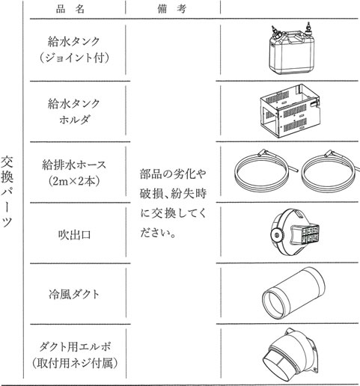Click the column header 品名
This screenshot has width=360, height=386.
pyautogui.click(x=70, y=9)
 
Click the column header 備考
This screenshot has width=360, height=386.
pyautogui.click(x=172, y=9)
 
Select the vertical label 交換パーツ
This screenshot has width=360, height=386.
pyautogui.click(x=7, y=192)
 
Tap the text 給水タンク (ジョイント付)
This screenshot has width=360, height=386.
pyautogui.click(x=74, y=50)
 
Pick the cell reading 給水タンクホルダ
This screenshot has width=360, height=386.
pyautogui.click(x=74, y=111)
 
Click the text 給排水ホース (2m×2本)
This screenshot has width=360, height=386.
pyautogui.click(x=74, y=173)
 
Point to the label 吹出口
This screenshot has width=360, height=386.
pyautogui.click(x=74, y=235)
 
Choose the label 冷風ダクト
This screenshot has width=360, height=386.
pyautogui.click(x=74, y=294)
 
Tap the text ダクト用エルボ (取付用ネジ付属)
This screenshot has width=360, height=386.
pyautogui.click(x=75, y=355)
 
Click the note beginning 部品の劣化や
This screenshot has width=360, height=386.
pyautogui.click(x=173, y=203)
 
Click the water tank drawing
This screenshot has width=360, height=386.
pyautogui.click(x=291, y=49)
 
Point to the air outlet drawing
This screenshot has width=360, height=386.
pyautogui.click(x=295, y=233)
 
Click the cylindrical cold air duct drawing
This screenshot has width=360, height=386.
pyautogui.click(x=293, y=293)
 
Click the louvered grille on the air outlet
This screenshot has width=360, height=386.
pyautogui.click(x=311, y=234)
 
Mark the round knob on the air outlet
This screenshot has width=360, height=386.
pyautogui.click(x=276, y=235)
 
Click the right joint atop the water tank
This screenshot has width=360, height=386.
pyautogui.click(x=308, y=29)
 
